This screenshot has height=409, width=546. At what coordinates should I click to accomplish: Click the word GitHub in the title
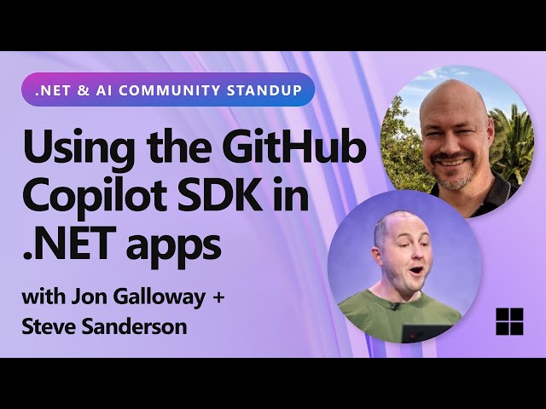(295, 150)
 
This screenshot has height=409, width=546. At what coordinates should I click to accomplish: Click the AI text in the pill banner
(94, 89)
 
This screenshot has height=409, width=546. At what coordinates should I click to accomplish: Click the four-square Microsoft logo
(509, 322)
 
